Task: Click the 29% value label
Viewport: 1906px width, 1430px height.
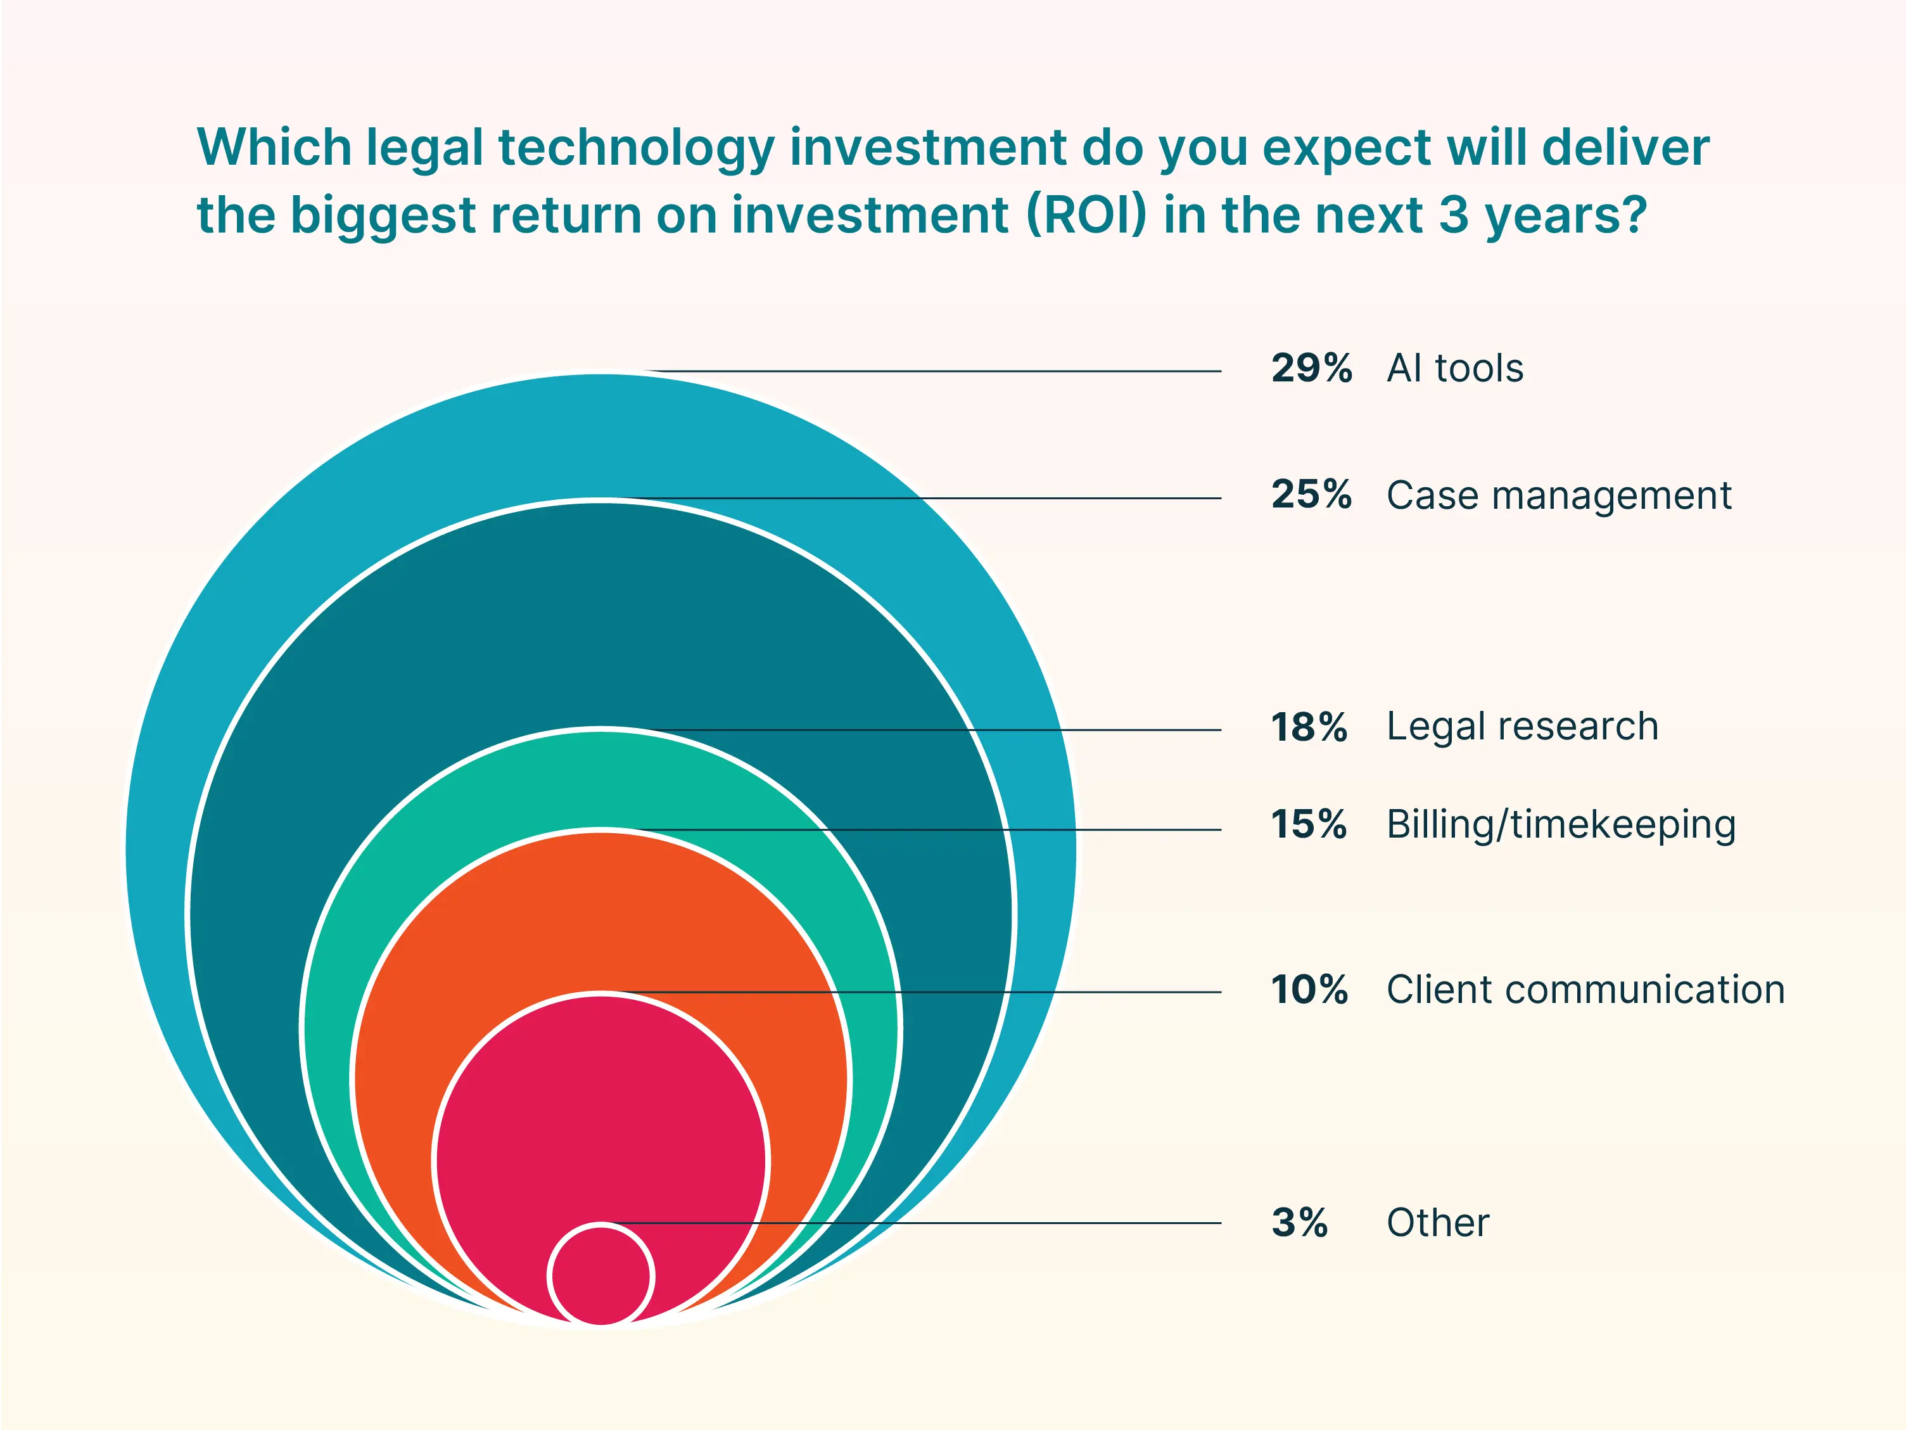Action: tap(1311, 368)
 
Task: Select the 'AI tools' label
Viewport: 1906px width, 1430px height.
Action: tap(1454, 368)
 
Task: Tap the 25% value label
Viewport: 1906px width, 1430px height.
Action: tap(1311, 495)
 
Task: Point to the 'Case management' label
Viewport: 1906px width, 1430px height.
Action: tap(1558, 495)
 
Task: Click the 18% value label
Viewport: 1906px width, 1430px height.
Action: tap(1308, 727)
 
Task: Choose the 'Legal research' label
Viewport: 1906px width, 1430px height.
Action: tap(1522, 726)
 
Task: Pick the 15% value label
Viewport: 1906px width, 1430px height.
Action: tap(1308, 824)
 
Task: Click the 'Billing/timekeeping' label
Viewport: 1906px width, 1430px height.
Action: tap(1561, 825)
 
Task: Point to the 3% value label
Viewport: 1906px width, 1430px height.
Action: tap(1299, 1222)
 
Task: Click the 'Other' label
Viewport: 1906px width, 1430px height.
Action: tap(1437, 1222)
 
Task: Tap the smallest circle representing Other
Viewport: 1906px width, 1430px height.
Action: tap(600, 1275)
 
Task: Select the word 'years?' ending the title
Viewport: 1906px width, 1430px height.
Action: tap(1565, 215)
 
